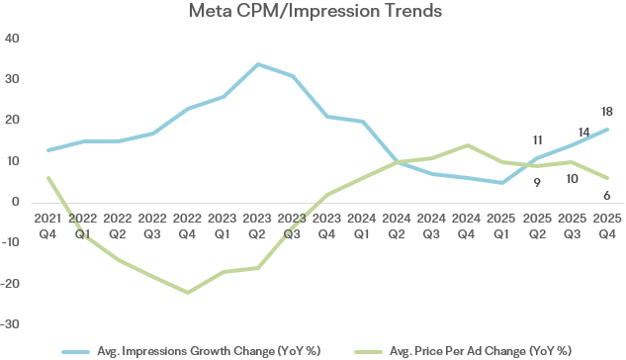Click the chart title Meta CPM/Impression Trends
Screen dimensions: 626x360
click(315, 11)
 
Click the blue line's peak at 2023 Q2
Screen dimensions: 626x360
click(258, 64)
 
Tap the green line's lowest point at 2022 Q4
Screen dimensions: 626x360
click(188, 293)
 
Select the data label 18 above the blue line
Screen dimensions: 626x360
click(607, 112)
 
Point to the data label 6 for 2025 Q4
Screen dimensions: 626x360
click(607, 196)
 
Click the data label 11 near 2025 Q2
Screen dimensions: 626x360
click(537, 140)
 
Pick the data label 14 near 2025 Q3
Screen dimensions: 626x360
click(583, 133)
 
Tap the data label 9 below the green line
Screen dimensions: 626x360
click(537, 183)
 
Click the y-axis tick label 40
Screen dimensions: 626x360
click(12, 39)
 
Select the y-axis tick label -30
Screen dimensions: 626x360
click(10, 324)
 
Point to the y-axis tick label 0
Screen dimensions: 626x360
click(16, 202)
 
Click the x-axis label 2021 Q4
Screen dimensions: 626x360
click(47, 226)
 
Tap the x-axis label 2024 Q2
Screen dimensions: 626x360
click(397, 226)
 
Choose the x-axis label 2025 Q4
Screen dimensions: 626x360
click(607, 226)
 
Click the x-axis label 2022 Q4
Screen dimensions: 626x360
click(187, 226)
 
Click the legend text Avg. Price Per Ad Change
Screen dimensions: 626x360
click(458, 351)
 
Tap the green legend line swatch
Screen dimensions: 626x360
click(368, 352)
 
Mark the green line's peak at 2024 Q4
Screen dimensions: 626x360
click(468, 145)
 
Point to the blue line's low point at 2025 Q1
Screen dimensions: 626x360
click(501, 183)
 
